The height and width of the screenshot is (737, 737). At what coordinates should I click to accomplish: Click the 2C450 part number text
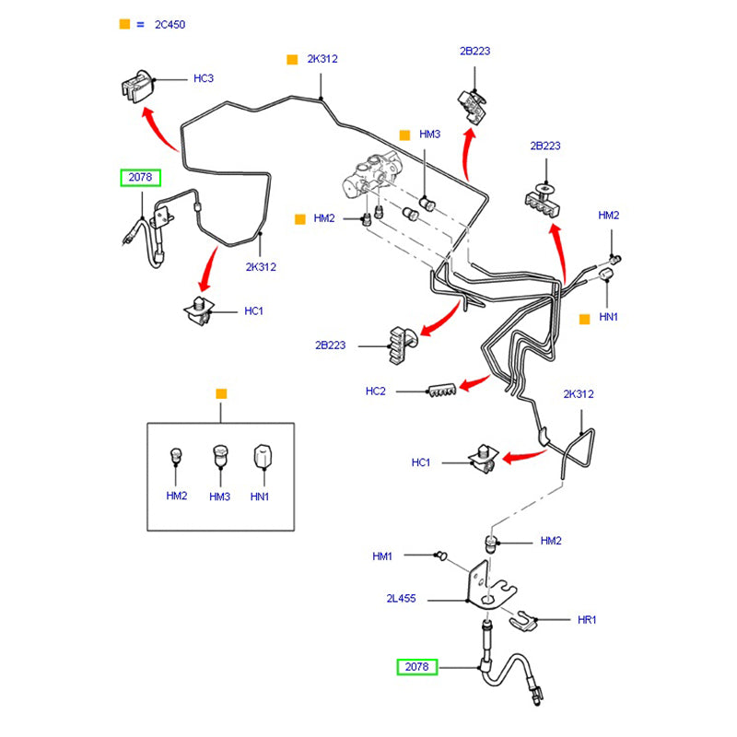click(170, 25)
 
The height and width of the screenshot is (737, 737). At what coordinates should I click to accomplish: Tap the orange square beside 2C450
click(125, 24)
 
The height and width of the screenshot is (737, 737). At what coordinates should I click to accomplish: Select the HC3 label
click(203, 79)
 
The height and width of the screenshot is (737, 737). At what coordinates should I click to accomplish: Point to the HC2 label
click(375, 392)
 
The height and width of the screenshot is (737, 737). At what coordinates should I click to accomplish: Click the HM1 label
click(382, 556)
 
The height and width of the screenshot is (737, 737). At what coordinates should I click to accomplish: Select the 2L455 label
click(401, 599)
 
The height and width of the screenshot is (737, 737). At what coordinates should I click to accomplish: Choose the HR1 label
click(587, 620)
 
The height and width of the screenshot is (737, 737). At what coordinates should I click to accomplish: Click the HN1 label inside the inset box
click(260, 497)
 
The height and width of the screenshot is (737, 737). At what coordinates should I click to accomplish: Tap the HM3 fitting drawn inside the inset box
click(219, 455)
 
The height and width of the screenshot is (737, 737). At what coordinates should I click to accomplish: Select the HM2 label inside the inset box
click(177, 497)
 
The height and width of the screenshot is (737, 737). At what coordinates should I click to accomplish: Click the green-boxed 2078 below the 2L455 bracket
click(417, 666)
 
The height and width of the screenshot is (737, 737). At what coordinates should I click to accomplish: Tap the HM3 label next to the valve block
click(430, 135)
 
